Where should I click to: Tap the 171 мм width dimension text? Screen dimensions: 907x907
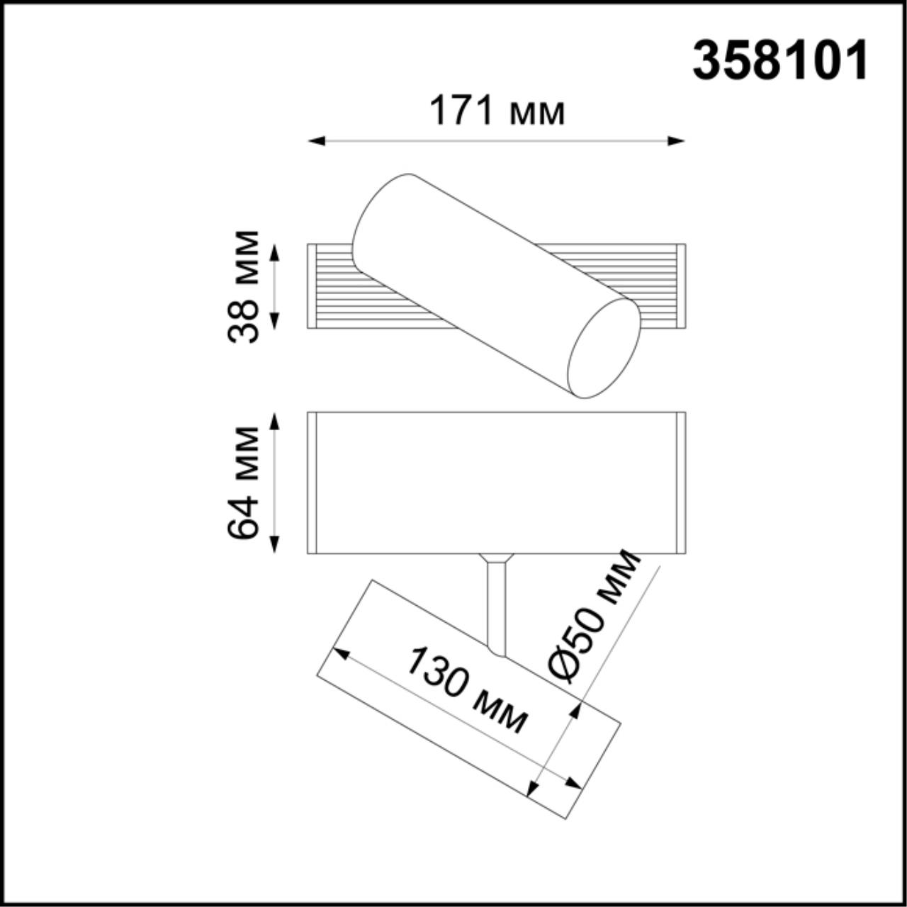[497, 111]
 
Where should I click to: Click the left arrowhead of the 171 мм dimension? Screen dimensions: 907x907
[316, 141]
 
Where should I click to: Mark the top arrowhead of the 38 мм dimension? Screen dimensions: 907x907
[276, 252]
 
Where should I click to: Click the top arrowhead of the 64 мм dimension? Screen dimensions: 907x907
[276, 420]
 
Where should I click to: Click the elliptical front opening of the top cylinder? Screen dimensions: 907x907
[604, 347]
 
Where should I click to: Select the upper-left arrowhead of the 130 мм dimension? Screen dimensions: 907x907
[342, 653]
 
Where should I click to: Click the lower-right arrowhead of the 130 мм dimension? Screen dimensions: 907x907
[573, 784]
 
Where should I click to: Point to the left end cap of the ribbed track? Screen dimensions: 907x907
[311, 286]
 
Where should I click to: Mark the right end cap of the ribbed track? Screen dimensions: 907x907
[682, 286]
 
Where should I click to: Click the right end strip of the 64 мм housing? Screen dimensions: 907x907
[682, 482]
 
